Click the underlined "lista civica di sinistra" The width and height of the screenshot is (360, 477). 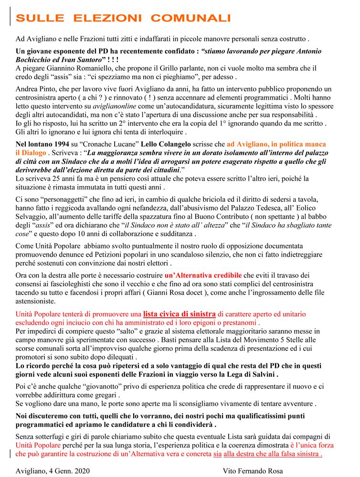click(x=179, y=314)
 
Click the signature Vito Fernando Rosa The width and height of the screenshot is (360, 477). click(x=253, y=470)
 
